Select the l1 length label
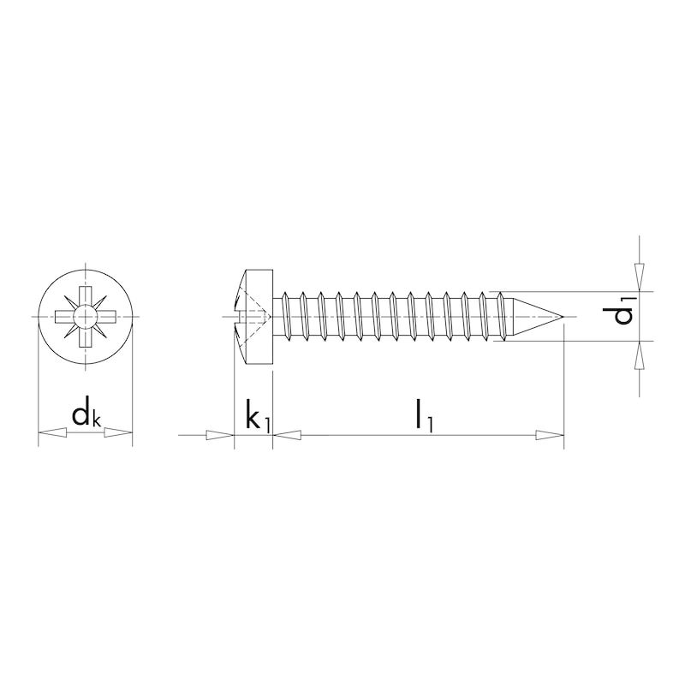coord(421,415)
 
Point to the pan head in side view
coord(253,317)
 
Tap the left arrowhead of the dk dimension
coord(51,435)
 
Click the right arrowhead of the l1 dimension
coord(550,435)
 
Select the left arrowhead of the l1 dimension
coord(288,435)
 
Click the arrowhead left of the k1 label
coord(220,435)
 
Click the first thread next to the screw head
coord(287,317)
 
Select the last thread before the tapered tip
coord(501,317)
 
